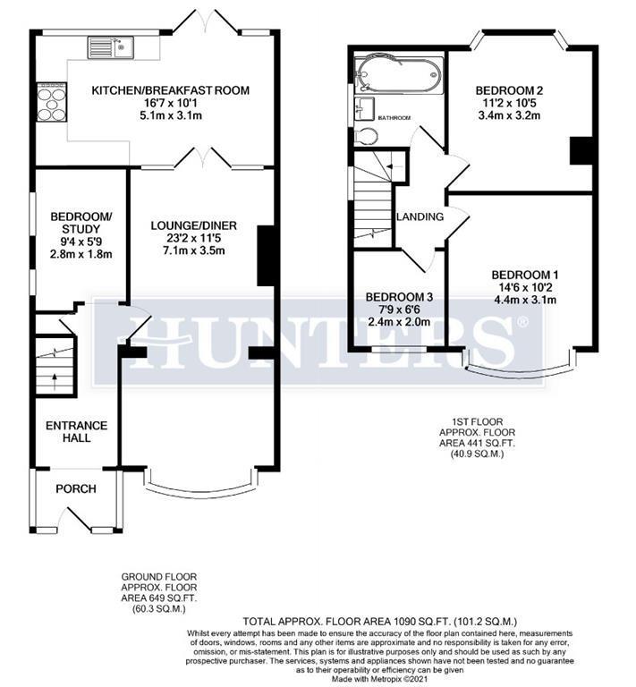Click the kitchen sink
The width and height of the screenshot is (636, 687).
pyautogui.click(x=110, y=47)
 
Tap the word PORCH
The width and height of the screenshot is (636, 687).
pyautogui.click(x=76, y=488)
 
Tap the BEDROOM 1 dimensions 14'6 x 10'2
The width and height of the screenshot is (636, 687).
pyautogui.click(x=523, y=287)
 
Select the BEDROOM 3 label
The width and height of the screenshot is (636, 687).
pyautogui.click(x=400, y=297)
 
